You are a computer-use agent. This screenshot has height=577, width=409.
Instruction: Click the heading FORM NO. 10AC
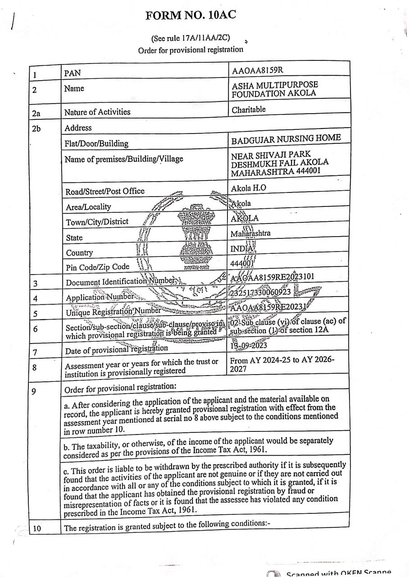tap(191, 16)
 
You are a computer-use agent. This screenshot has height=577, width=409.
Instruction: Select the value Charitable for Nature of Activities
tap(248, 110)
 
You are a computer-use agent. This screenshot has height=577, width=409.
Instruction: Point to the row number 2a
tap(36, 113)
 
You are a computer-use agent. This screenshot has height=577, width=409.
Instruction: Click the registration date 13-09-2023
tap(248, 345)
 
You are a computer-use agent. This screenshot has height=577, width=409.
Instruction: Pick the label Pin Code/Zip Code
tap(97, 267)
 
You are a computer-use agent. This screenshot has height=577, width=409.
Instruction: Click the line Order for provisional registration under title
tap(190, 50)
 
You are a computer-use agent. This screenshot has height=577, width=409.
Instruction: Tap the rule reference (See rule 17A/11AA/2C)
tap(191, 39)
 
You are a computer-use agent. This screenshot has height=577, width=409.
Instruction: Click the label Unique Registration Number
tap(113, 311)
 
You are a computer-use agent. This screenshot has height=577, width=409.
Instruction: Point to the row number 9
tap(34, 391)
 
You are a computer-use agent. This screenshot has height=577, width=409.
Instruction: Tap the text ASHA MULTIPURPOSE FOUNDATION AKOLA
tap(274, 89)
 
